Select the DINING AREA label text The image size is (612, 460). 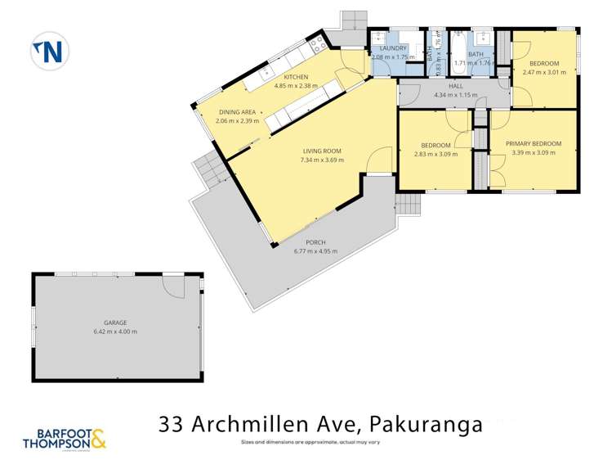237,112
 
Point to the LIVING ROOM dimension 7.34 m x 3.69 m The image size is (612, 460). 322,160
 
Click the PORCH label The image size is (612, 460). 315,242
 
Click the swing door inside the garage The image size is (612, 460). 174,286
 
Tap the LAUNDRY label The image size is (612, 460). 388,48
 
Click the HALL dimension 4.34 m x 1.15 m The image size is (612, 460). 455,95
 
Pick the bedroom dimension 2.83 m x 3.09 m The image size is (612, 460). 436,153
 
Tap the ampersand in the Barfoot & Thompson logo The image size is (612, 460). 97,440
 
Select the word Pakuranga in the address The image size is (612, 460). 426,424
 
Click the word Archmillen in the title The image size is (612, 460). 267,424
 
